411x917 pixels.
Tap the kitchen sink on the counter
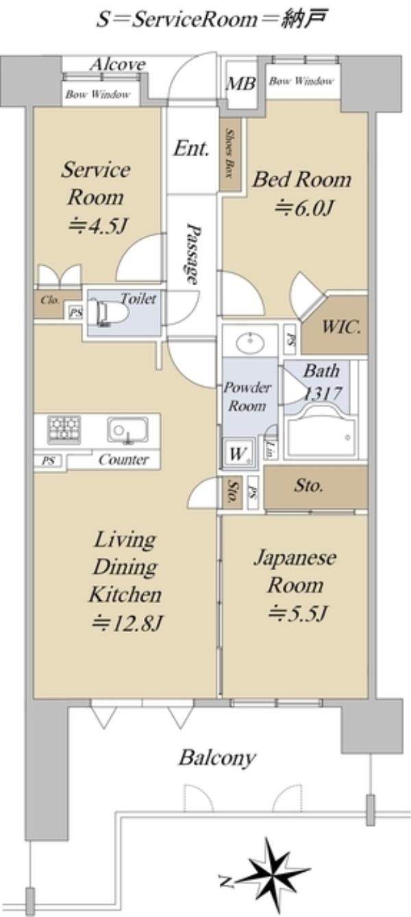click(x=127, y=430)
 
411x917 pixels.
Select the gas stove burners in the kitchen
click(x=64, y=430)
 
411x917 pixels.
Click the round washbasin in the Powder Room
click(x=249, y=340)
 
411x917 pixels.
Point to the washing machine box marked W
click(x=239, y=452)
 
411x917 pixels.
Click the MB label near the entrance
click(x=241, y=84)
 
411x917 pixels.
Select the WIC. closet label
click(x=341, y=327)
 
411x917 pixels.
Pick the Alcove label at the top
click(x=118, y=64)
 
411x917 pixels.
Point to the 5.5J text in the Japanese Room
click(x=297, y=613)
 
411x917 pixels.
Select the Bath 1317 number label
click(x=323, y=394)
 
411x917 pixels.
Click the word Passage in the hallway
click(x=192, y=253)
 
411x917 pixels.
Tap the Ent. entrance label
click(x=191, y=148)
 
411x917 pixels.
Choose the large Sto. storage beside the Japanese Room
click(x=315, y=487)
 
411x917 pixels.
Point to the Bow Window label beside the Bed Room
click(x=301, y=81)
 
